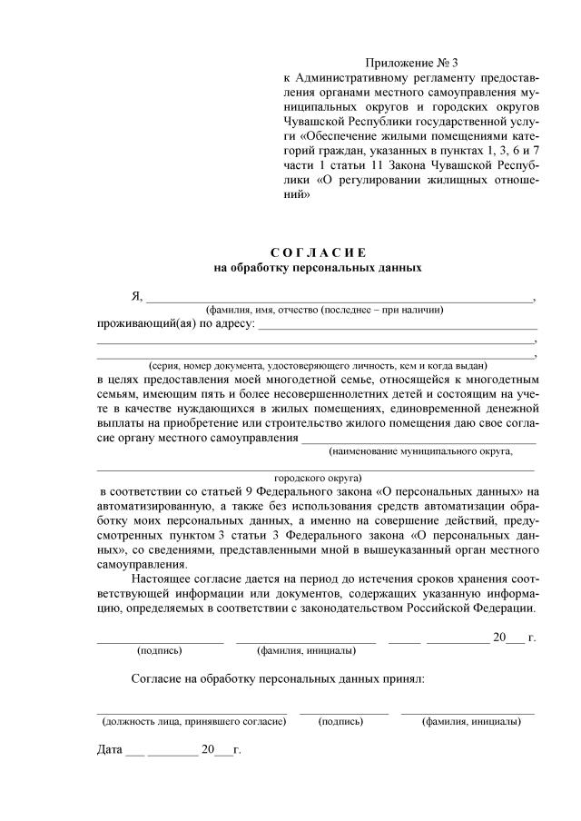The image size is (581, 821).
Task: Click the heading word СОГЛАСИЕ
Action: coord(318,252)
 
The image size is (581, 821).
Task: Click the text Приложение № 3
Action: coord(412,63)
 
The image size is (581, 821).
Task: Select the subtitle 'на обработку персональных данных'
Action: coord(318,268)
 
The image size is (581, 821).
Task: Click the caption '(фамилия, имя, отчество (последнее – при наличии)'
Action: coord(324,310)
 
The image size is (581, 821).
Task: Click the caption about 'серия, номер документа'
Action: coord(318,365)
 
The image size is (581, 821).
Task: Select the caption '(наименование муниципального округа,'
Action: coord(421,450)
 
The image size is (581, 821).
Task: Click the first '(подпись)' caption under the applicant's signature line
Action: coord(160,650)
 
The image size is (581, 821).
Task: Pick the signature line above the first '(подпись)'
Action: coord(160,641)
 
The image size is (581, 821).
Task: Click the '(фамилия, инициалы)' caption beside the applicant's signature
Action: coord(306,650)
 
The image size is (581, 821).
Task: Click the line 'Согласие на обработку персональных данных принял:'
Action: coord(277,678)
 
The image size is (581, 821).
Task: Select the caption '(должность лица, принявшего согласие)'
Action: coord(194,721)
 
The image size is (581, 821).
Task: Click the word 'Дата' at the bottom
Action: coord(109,750)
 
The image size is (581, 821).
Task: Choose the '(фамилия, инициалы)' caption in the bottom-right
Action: coord(471,721)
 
